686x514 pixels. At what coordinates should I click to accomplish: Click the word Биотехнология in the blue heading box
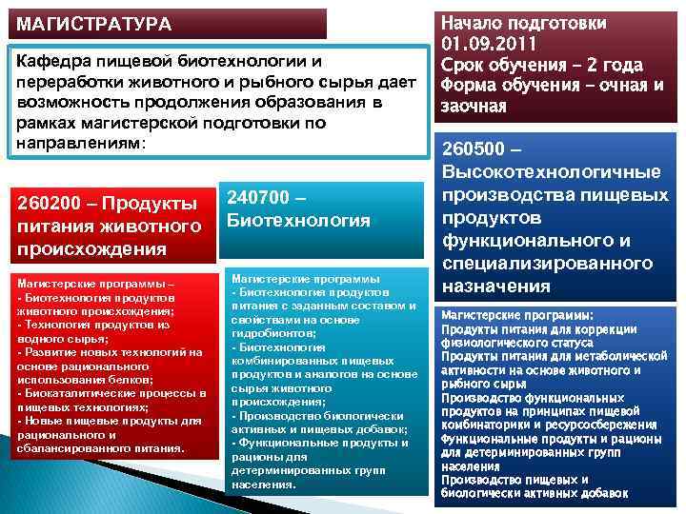click(x=298, y=221)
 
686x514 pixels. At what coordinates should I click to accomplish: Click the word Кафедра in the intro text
click(x=51, y=61)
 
